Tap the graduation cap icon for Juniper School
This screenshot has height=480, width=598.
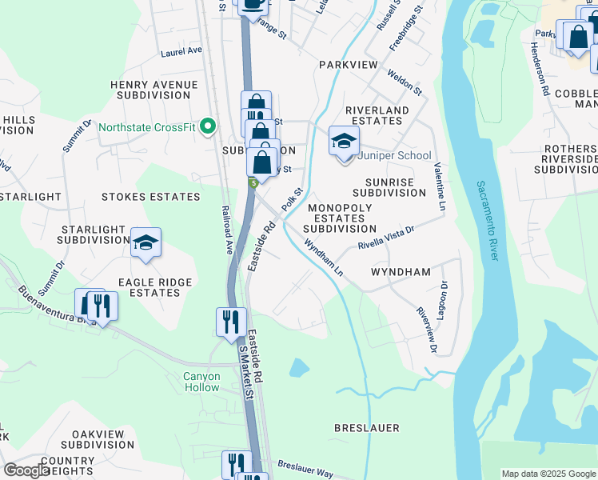pyautogui.click(x=344, y=142)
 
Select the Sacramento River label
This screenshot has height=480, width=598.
pyautogui.click(x=486, y=221)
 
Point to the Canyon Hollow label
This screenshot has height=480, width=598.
pyautogui.click(x=201, y=382)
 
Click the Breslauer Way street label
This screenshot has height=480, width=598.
pyautogui.click(x=305, y=468)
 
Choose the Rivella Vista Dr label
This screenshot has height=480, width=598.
pyautogui.click(x=386, y=238)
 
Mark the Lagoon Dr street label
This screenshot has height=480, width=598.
pyautogui.click(x=445, y=295)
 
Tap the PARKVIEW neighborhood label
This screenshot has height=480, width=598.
pyautogui.click(x=348, y=63)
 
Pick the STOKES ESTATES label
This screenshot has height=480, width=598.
pyautogui.click(x=151, y=196)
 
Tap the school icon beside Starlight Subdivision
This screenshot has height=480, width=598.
pyautogui.click(x=146, y=242)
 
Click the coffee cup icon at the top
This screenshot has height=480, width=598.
pyautogui.click(x=253, y=4)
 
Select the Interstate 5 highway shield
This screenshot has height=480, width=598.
pyautogui.click(x=253, y=183)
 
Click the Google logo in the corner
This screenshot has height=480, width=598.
pyautogui.click(x=26, y=470)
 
